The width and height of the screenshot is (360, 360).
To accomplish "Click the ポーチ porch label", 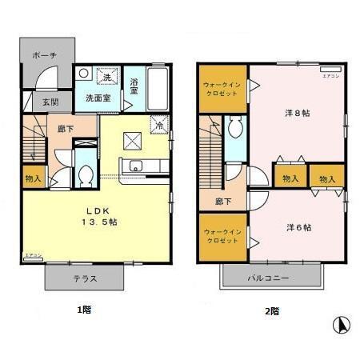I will (43, 55).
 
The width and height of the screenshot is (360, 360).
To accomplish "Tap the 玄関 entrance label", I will (40, 102).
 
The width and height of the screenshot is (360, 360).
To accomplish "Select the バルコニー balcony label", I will (273, 278).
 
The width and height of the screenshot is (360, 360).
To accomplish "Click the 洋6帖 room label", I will (298, 227).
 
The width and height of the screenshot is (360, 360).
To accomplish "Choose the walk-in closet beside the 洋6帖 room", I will (222, 236).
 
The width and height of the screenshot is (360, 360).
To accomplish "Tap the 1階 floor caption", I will (83, 309).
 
